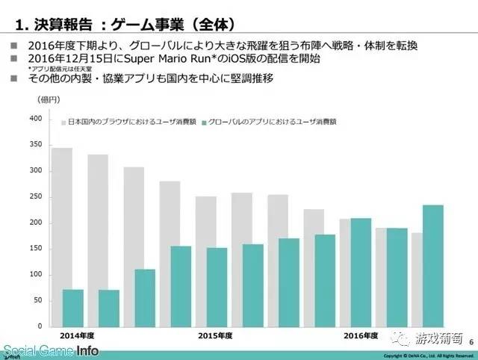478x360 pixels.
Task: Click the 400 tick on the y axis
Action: coord(35,119)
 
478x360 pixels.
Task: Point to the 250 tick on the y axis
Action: coord(35,197)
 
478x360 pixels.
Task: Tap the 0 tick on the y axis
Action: coord(39,326)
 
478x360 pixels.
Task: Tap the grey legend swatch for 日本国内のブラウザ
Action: coord(63,120)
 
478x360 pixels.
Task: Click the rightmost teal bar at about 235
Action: coord(432,265)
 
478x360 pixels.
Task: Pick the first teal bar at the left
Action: coord(72,308)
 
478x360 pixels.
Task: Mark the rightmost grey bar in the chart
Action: coord(416,279)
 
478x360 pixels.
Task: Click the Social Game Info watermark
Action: coord(49,350)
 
